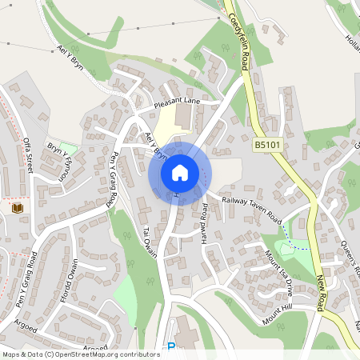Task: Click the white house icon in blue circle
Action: (x=180, y=172)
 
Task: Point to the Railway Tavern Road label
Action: (x=253, y=204)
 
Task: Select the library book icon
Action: (x=17, y=209)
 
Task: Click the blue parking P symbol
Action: (x=170, y=347)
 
